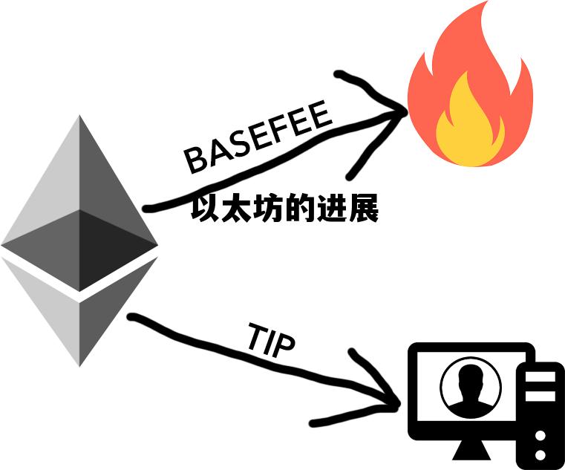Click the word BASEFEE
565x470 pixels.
coord(257,140)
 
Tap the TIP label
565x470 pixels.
coord(270,342)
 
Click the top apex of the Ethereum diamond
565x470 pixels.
coord(79,117)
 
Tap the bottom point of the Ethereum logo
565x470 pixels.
coord(79,364)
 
